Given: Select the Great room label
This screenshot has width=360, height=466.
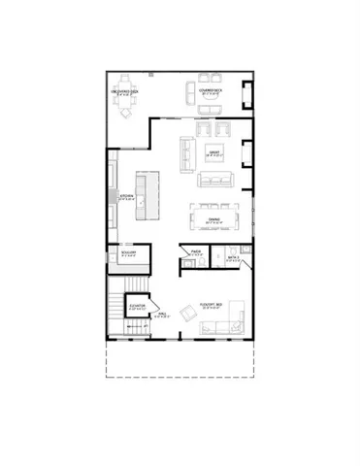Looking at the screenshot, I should pyautogui.click(x=215, y=151).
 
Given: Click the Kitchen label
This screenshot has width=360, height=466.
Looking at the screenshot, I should pyautogui.click(x=125, y=197).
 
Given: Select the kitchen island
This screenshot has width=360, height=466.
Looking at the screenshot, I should pyautogui.click(x=146, y=197).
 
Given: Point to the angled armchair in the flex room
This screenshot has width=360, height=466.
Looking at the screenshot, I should pyautogui.click(x=188, y=313).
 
